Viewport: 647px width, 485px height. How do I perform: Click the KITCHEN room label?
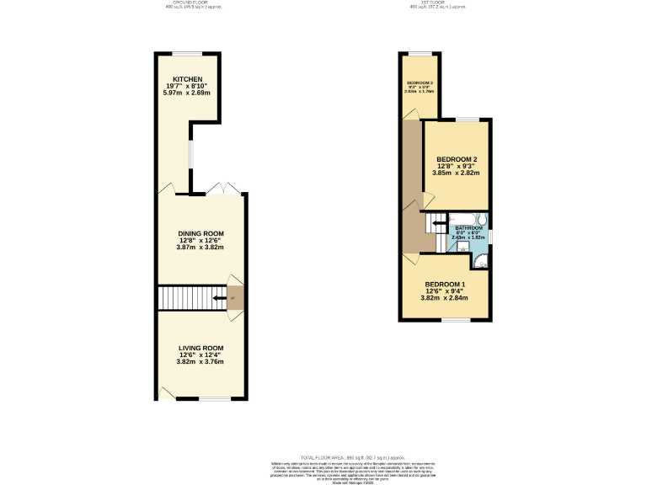(188, 79)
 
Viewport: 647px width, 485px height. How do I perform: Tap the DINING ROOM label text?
(201, 233)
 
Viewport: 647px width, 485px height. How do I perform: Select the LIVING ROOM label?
(201, 348)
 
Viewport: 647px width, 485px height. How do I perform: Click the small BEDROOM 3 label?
(419, 83)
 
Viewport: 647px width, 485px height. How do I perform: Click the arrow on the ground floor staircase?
(221, 298)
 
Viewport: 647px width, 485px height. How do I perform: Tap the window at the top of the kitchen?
(188, 54)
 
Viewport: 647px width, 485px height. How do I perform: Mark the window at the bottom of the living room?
(215, 398)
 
